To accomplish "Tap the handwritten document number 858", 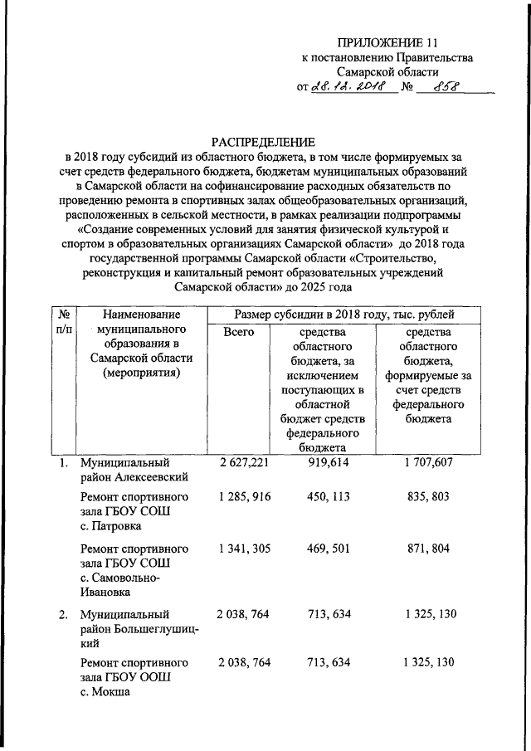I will (x=445, y=85).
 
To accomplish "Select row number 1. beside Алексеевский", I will (x=64, y=462).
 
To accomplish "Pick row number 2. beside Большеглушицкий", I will (x=64, y=615).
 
